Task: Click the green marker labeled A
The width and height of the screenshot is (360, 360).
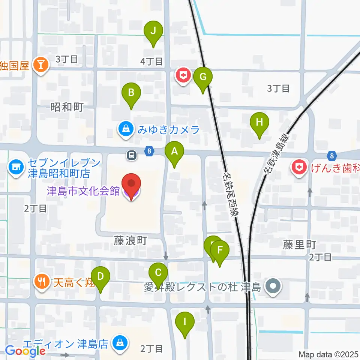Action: click(x=174, y=152)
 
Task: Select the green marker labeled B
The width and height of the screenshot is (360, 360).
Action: click(x=131, y=93)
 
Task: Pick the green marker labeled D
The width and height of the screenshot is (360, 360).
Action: click(x=100, y=277)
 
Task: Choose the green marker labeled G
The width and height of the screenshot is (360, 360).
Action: click(x=203, y=77)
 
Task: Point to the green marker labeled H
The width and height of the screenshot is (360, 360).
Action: click(x=259, y=122)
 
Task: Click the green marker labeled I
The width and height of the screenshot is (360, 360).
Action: click(x=184, y=322)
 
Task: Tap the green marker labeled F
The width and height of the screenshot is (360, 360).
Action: click(x=220, y=250)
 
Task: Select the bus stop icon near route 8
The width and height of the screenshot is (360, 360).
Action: click(x=132, y=155)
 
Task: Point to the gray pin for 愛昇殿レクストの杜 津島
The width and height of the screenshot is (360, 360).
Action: click(x=273, y=287)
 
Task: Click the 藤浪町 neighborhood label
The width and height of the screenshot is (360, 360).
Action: click(x=130, y=240)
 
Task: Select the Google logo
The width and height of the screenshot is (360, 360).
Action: click(x=25, y=351)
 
